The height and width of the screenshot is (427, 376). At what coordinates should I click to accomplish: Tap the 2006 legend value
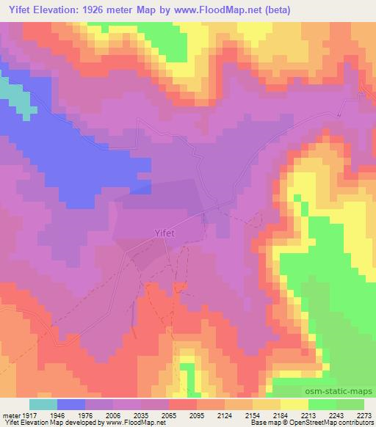[x=114, y=415]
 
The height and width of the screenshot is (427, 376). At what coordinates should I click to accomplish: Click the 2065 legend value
[x=170, y=415]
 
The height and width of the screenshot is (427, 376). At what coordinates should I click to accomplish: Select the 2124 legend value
[x=225, y=415]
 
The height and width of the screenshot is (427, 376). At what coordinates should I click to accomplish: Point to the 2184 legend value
[x=281, y=415]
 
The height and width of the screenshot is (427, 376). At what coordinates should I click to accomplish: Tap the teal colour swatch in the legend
[x=43, y=404]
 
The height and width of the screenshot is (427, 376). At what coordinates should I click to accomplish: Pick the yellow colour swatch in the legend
[x=294, y=404]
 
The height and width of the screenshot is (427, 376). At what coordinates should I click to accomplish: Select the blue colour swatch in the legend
[x=71, y=404]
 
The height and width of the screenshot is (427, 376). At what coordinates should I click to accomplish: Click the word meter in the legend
[x=11, y=415]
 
